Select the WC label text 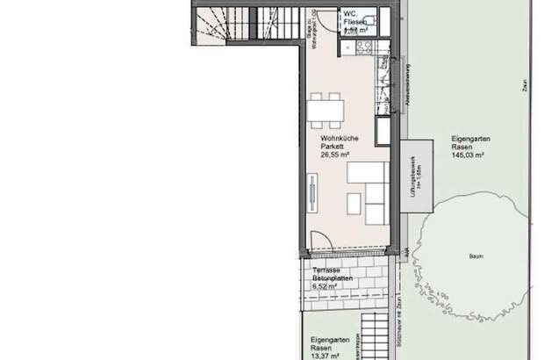click(349, 13)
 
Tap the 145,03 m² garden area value click(468, 155)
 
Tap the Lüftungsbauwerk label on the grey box click(412, 180)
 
